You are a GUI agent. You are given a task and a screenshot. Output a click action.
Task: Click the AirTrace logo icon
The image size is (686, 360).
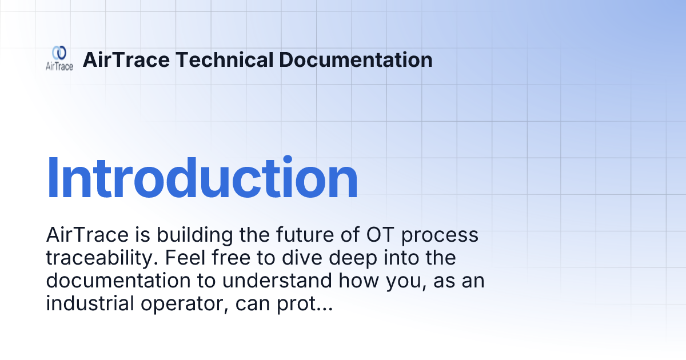coord(59,53)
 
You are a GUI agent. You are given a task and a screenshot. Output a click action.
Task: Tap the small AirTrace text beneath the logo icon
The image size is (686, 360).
coord(59,67)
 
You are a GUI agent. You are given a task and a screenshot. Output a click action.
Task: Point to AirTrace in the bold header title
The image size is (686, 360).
coord(126,59)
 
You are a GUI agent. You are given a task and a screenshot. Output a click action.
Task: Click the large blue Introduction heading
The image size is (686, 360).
coord(202,178)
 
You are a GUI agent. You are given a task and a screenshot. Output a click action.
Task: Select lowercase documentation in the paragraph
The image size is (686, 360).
coord(117,281)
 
